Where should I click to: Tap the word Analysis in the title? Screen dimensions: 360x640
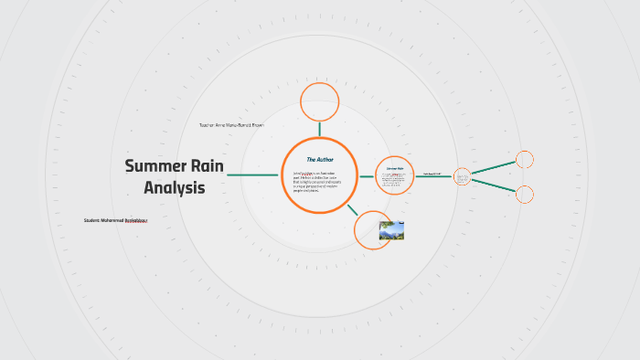[174, 187]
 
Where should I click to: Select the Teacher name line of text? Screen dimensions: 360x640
[230, 124]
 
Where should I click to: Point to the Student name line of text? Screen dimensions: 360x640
[115, 220]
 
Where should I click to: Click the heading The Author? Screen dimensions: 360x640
[319, 159]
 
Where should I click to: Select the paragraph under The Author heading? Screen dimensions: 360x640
[319, 181]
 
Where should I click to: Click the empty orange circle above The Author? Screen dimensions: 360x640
[320, 101]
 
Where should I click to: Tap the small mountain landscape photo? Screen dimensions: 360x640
[391, 229]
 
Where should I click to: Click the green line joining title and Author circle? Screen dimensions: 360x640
[253, 175]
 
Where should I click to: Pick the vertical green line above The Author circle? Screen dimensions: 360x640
[320, 129]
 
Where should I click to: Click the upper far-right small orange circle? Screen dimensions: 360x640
[525, 160]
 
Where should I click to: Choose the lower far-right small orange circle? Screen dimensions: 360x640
[525, 194]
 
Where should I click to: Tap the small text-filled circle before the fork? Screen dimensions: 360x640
[462, 175]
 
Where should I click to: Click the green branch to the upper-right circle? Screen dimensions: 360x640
[493, 167]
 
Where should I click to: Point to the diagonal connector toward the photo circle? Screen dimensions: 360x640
[352, 209]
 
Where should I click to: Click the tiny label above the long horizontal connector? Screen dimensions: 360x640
[432, 172]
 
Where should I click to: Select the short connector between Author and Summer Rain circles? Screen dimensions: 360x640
[366, 175]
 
